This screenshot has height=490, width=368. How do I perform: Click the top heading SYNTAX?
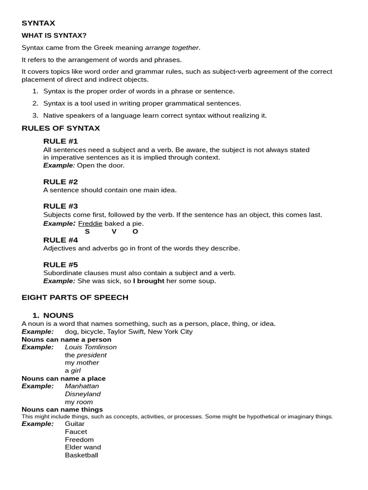[x=38, y=23]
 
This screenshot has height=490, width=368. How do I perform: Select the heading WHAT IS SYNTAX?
[x=54, y=35]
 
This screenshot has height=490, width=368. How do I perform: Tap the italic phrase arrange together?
[x=172, y=47]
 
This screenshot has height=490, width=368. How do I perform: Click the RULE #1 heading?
[x=60, y=141]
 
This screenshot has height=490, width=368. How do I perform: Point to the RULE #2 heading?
[x=60, y=182]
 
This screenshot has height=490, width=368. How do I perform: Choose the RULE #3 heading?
[x=60, y=206]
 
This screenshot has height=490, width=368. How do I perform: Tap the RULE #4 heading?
[x=60, y=240]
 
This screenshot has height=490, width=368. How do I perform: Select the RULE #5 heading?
[x=60, y=265]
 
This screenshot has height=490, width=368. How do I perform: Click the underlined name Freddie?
[x=90, y=223]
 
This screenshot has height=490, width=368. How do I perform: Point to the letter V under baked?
[x=114, y=232]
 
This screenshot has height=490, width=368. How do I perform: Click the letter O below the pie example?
[x=135, y=232]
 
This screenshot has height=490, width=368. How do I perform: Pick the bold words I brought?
[x=149, y=281]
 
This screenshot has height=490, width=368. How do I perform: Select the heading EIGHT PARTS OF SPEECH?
[x=75, y=297]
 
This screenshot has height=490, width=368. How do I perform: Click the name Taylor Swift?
[x=126, y=332]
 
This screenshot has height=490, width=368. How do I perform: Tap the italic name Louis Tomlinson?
[x=91, y=347]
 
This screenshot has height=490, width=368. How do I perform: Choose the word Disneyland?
[x=83, y=394]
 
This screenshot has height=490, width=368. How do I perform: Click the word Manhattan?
[x=82, y=386]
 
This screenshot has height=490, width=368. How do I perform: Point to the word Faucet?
[x=76, y=432]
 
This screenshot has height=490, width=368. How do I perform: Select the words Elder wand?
[x=83, y=447]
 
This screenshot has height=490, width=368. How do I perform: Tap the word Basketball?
[x=81, y=455]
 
